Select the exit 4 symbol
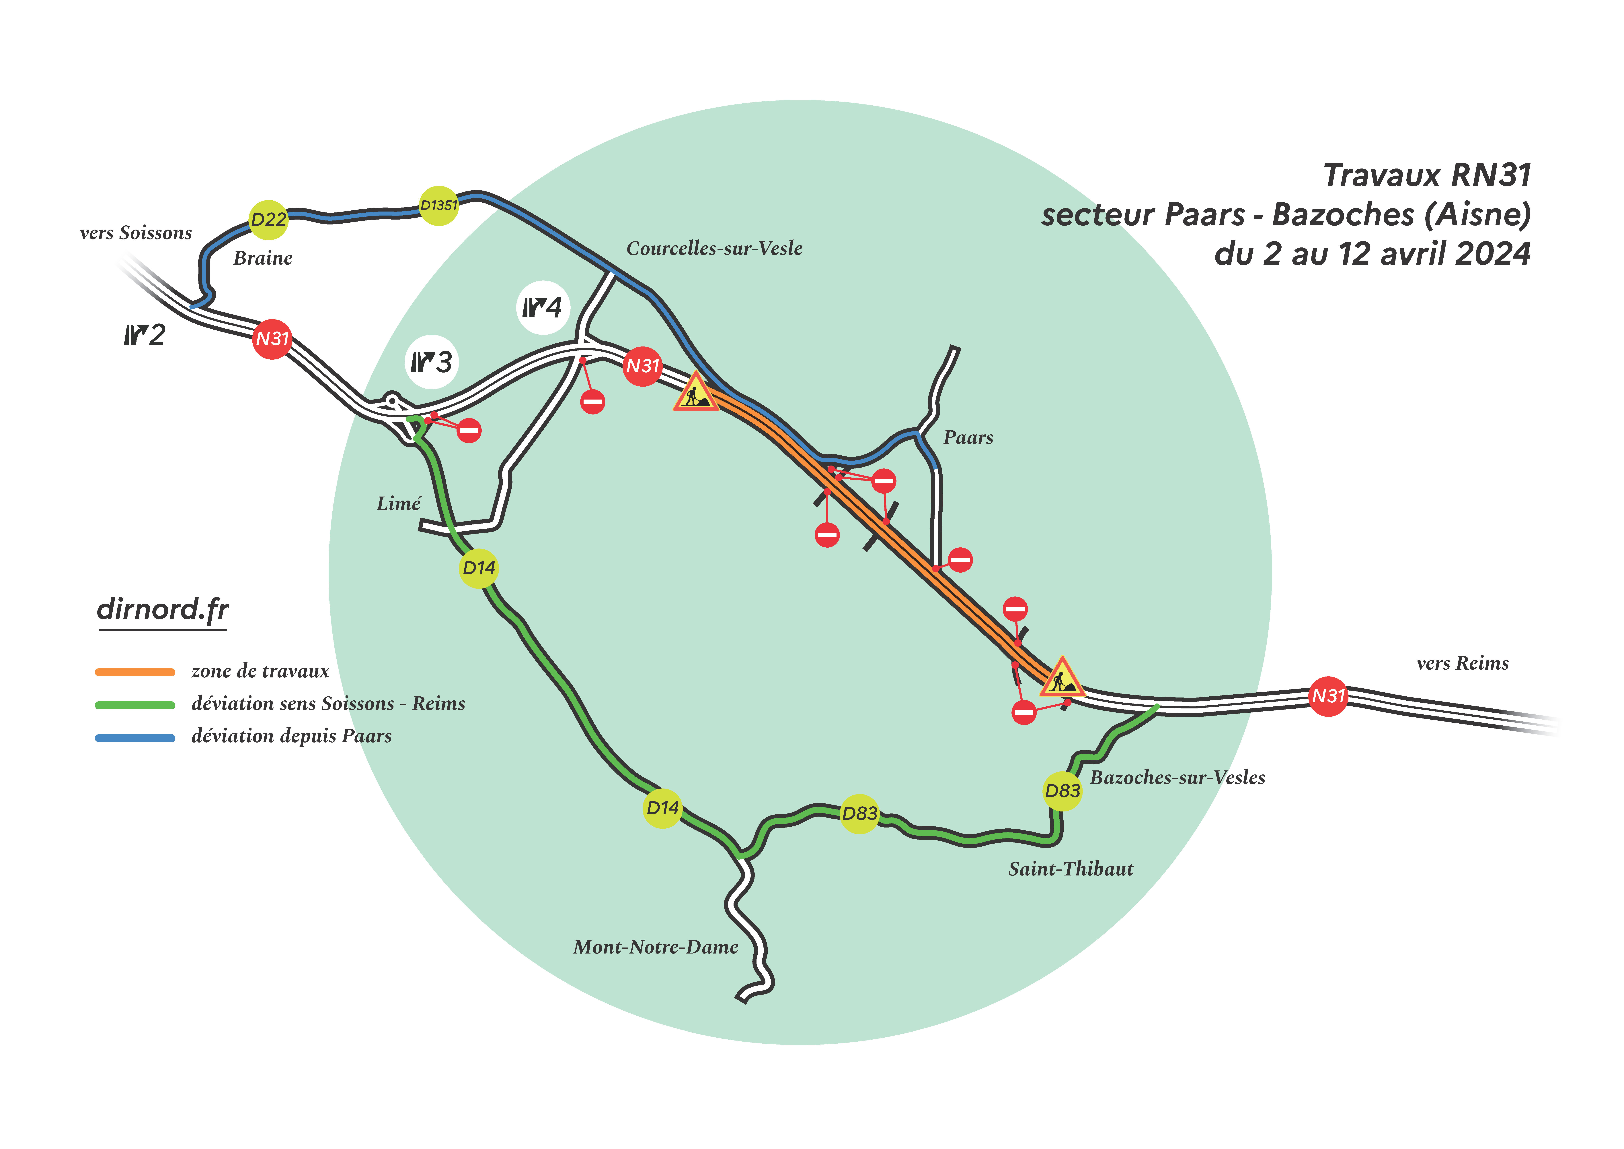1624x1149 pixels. pyautogui.click(x=543, y=308)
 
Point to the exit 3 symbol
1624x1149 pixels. pyautogui.click(x=432, y=362)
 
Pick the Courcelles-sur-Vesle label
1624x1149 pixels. pyautogui.click(x=714, y=248)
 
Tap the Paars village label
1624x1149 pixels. pyautogui.click(x=968, y=438)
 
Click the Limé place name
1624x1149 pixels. pyautogui.click(x=398, y=504)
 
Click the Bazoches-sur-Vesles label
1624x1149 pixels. pyautogui.click(x=1177, y=778)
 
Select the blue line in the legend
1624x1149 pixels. pyautogui.click(x=135, y=738)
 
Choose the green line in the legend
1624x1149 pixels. pyautogui.click(x=135, y=705)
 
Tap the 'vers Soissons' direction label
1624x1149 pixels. pyautogui.click(x=136, y=233)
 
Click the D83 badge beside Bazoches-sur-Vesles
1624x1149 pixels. pyautogui.click(x=1062, y=791)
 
